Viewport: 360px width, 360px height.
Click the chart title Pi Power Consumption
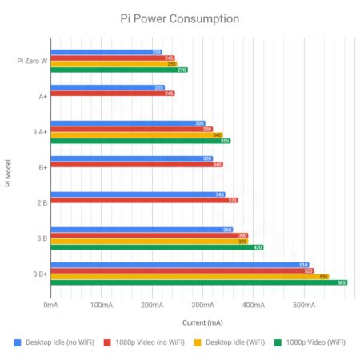coord(179,17)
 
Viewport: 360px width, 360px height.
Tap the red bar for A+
coord(112,94)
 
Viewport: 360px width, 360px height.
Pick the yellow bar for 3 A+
coord(136,135)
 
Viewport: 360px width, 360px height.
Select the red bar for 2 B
coord(144,200)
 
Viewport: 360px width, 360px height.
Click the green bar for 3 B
coord(157,247)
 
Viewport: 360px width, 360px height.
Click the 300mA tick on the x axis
coord(202,305)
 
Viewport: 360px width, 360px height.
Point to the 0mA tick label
coord(50,305)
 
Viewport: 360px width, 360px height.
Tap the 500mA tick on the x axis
coord(303,305)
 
